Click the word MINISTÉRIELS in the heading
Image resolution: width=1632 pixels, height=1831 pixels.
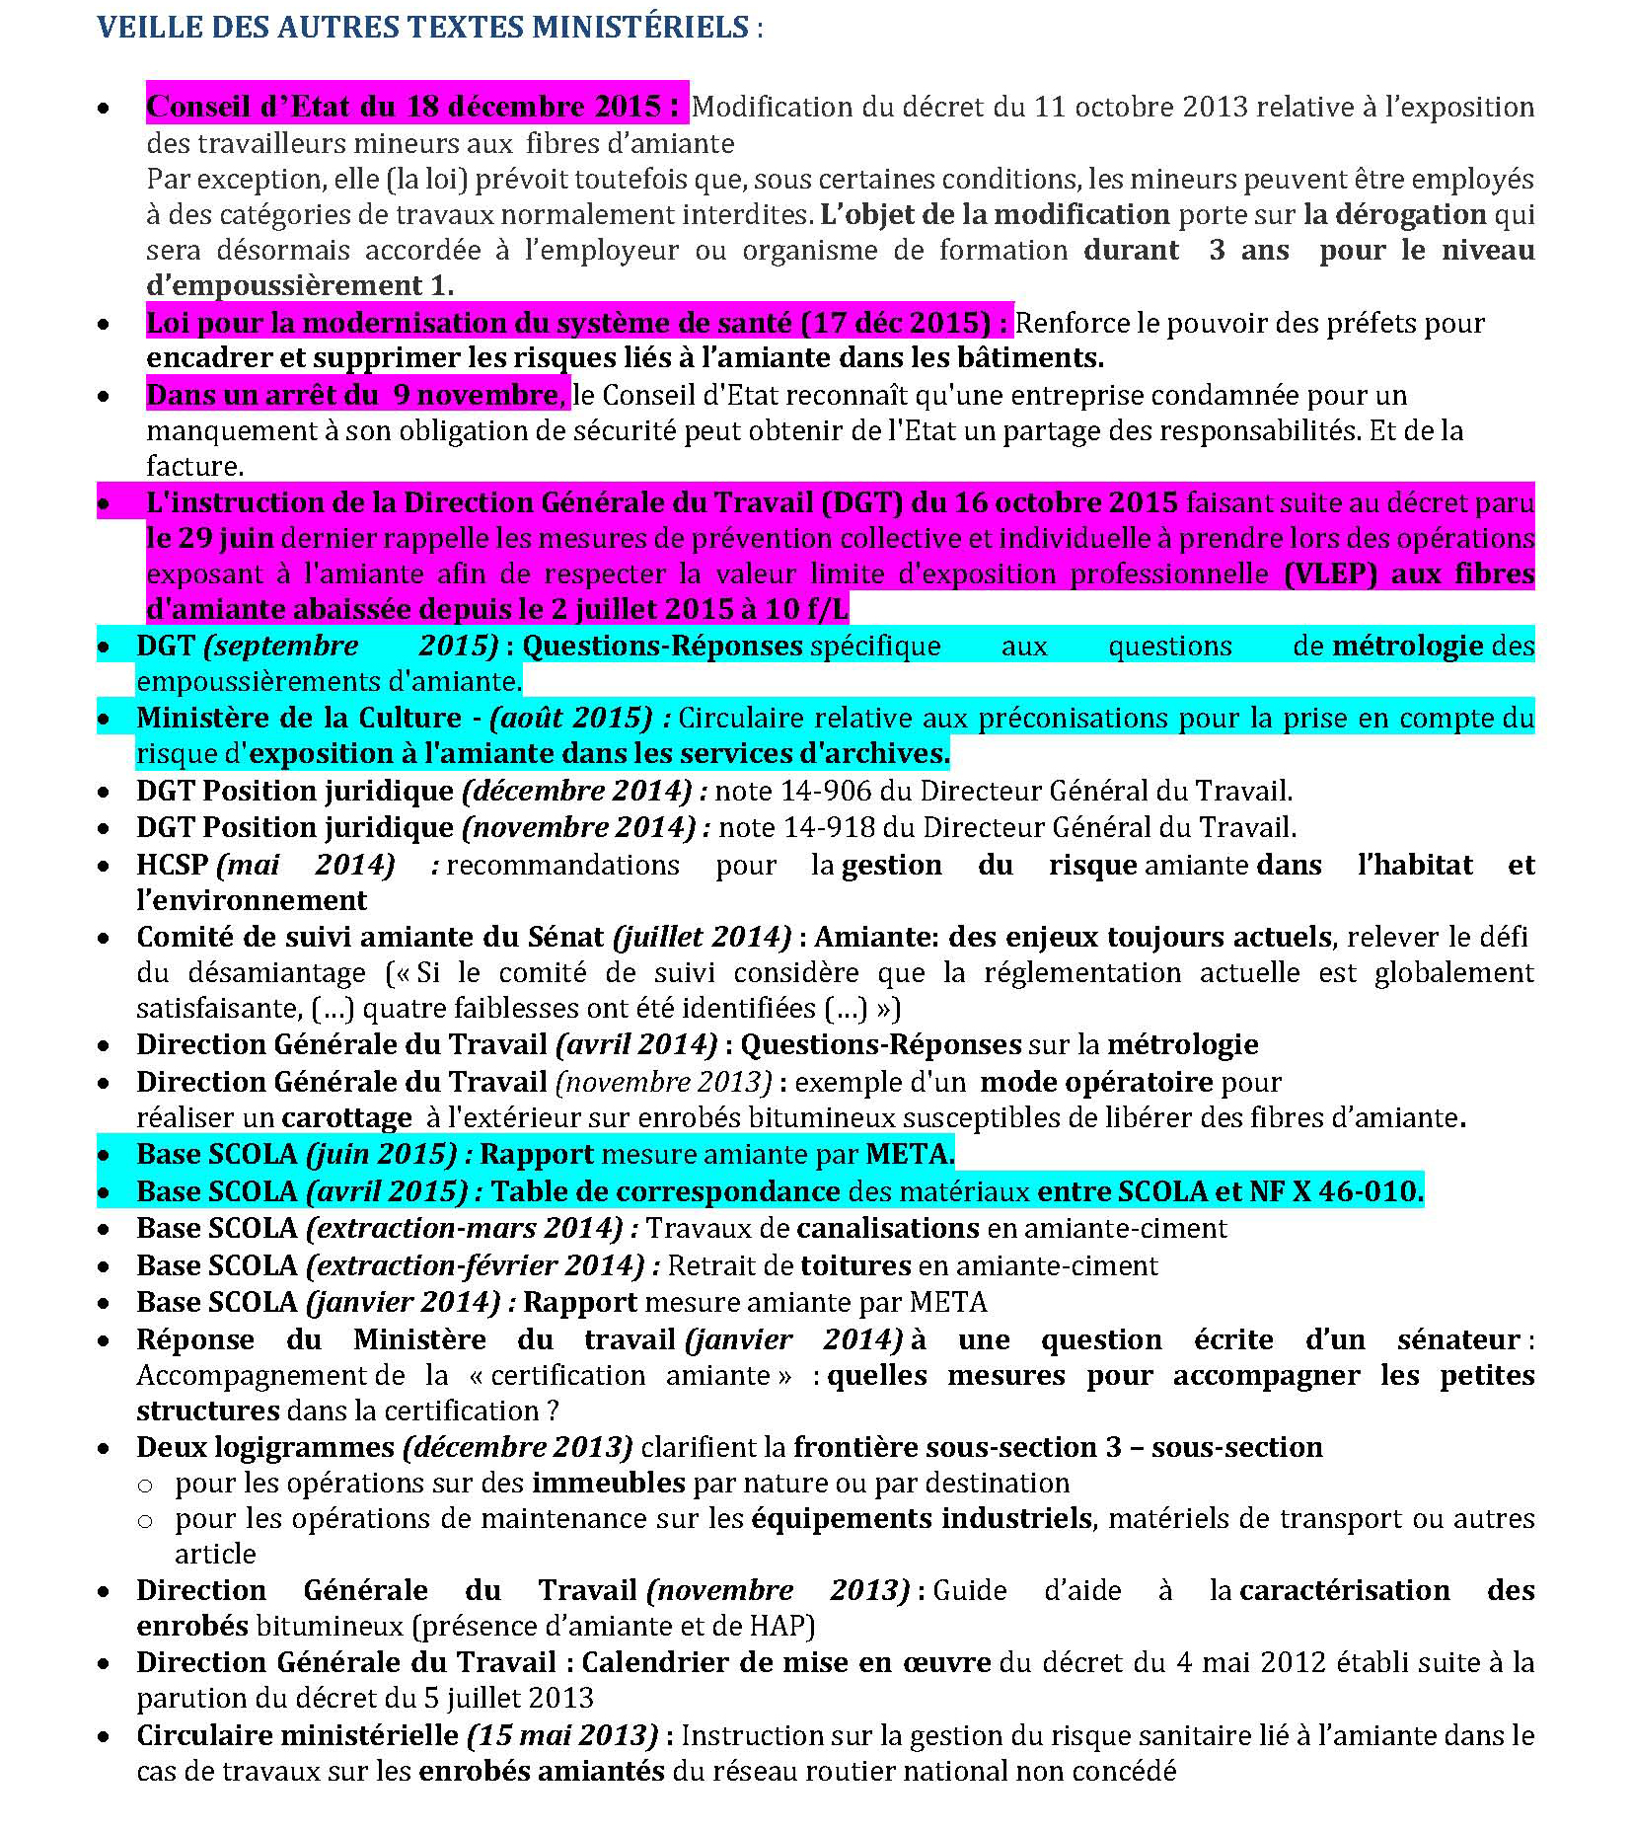tap(640, 27)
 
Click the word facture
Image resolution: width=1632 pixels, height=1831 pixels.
tap(192, 466)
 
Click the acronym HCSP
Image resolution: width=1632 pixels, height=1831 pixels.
tap(172, 865)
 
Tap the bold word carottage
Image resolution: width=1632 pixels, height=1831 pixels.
tap(346, 1117)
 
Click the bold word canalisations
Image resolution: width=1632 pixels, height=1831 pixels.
tap(887, 1228)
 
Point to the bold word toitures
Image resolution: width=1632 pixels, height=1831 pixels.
tap(855, 1265)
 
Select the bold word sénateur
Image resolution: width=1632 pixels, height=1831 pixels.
tap(1458, 1339)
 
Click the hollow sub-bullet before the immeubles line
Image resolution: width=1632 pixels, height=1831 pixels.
tap(145, 1485)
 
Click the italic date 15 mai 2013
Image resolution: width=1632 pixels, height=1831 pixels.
tap(561, 1735)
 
